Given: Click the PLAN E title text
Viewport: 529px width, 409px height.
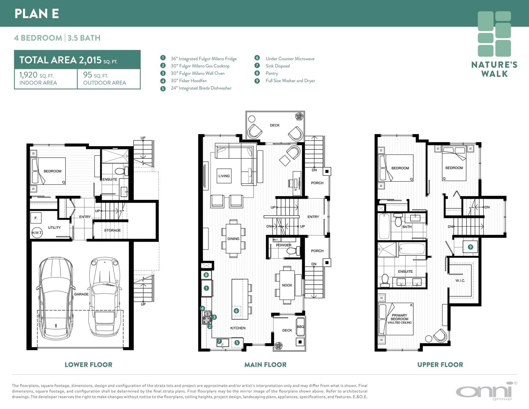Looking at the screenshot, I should pyautogui.click(x=37, y=14).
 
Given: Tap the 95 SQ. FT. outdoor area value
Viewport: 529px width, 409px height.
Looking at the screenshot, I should pyautogui.click(x=96, y=75).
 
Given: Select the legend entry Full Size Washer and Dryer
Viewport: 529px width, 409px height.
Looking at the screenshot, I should pyautogui.click(x=290, y=81).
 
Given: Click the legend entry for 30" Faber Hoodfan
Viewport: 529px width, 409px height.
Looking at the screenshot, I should pyautogui.click(x=188, y=81).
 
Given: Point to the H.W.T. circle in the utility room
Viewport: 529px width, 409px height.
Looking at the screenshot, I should pyautogui.click(x=37, y=233).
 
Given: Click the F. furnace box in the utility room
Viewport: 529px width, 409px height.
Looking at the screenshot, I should pyautogui.click(x=36, y=218).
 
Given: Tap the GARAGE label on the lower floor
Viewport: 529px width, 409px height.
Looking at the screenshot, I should pyautogui.click(x=81, y=294).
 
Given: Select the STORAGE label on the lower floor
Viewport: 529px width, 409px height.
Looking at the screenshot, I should pyautogui.click(x=112, y=230).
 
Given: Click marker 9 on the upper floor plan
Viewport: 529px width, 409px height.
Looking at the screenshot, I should pyautogui.click(x=470, y=247).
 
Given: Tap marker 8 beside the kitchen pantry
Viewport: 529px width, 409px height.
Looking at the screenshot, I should pyautogui.click(x=206, y=275).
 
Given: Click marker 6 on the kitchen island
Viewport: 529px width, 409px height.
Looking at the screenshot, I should pyautogui.click(x=236, y=311).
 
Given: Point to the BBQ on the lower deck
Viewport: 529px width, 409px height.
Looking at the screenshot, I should pyautogui.click(x=300, y=327).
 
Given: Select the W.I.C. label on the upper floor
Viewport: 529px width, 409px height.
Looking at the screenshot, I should pyautogui.click(x=460, y=281).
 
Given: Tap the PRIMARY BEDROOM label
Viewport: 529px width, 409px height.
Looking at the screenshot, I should pyautogui.click(x=399, y=317).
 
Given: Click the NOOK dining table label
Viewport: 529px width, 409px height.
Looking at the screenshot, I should pyautogui.click(x=287, y=285).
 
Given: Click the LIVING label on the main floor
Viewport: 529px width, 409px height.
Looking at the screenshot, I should pyautogui.click(x=224, y=176).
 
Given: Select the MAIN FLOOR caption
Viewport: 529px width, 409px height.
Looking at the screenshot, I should pyautogui.click(x=265, y=365).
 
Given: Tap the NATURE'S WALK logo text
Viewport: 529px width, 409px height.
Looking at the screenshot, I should pyautogui.click(x=494, y=69).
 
